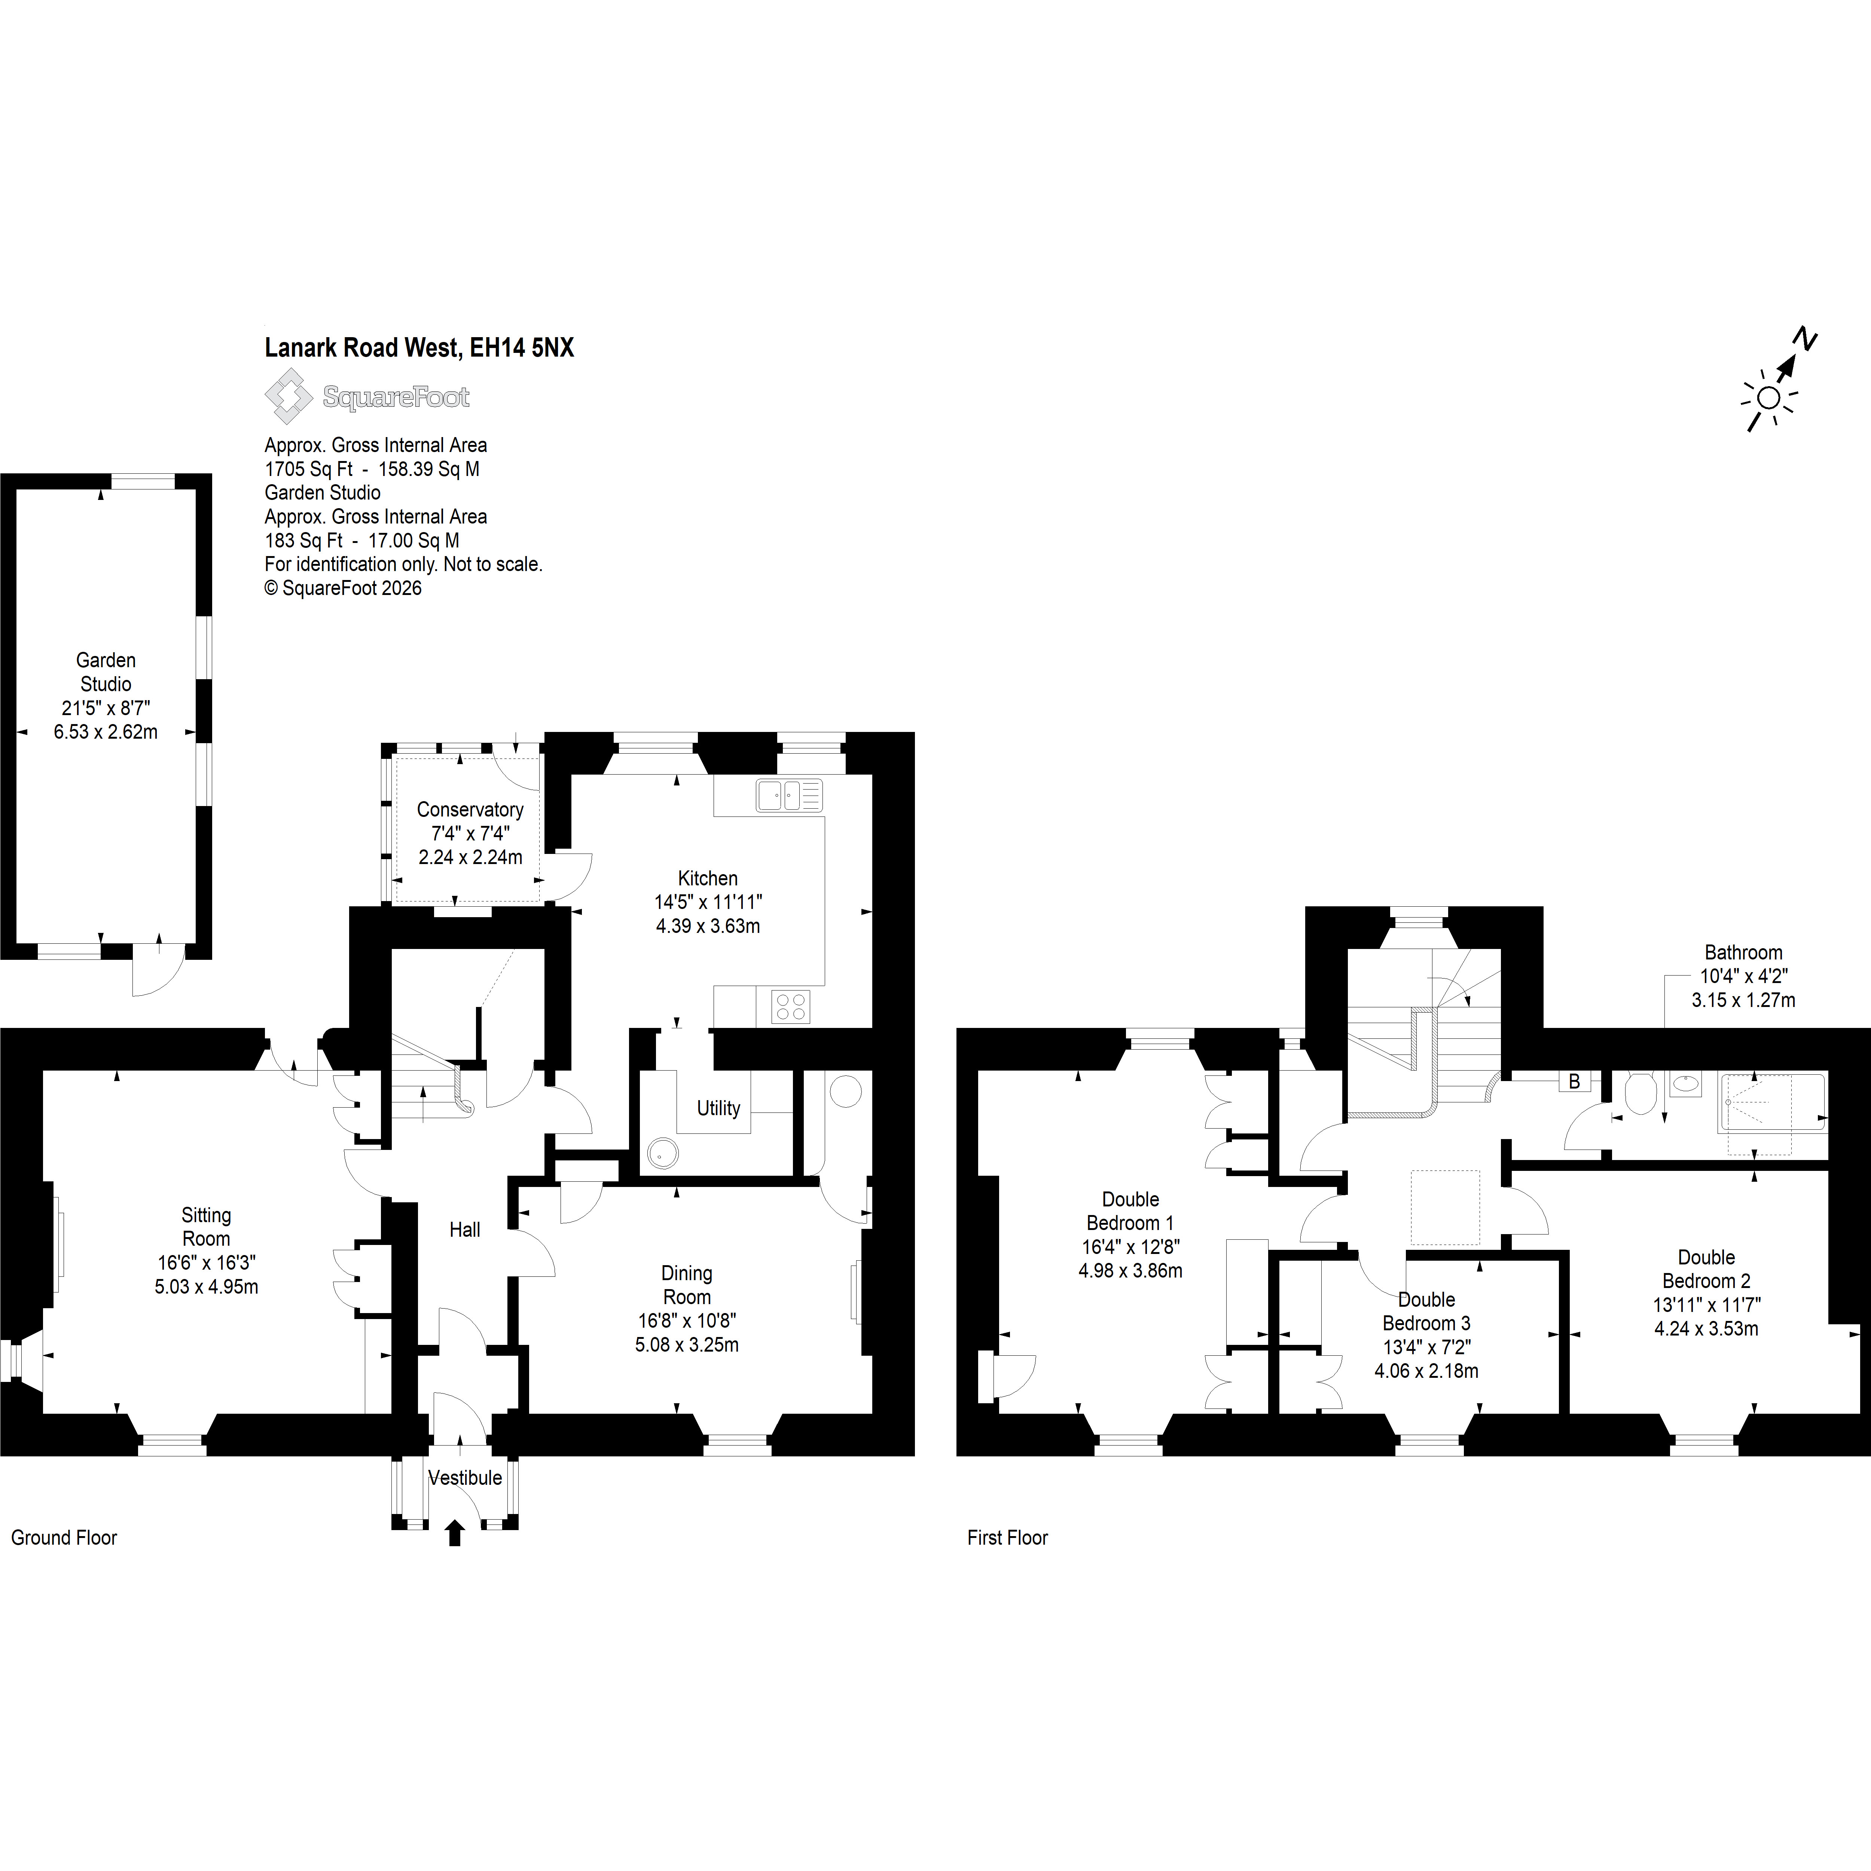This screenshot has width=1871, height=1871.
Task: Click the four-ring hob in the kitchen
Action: click(x=790, y=1007)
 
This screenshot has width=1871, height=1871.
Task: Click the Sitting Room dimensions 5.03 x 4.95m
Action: click(x=206, y=1287)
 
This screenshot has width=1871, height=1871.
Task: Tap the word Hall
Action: click(x=465, y=1230)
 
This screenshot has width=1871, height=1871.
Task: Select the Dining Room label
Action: click(x=687, y=1285)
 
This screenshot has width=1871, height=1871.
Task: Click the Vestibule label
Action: click(x=465, y=1478)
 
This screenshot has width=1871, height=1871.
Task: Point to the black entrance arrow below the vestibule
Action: click(x=454, y=1533)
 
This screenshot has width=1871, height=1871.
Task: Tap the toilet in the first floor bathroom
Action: click(x=1639, y=1093)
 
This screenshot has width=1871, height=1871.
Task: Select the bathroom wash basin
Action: click(x=1686, y=1084)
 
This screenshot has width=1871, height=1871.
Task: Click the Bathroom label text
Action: click(x=1743, y=953)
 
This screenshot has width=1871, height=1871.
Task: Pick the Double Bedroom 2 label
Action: click(x=1706, y=1269)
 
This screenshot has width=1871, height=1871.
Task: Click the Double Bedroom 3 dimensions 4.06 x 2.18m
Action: click(x=1426, y=1370)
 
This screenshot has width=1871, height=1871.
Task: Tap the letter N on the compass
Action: click(x=1804, y=339)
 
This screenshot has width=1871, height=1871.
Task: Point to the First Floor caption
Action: click(x=1007, y=1538)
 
